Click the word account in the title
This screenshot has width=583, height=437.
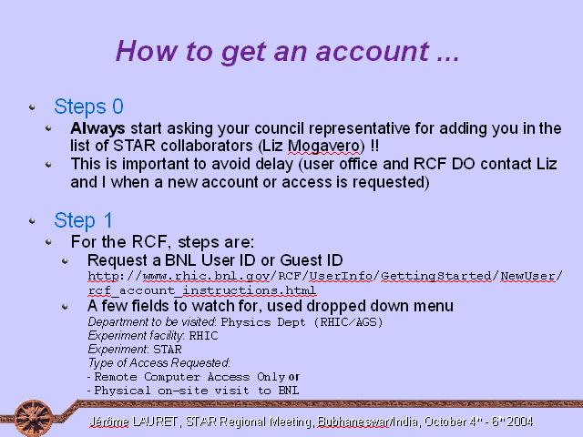[x=373, y=51]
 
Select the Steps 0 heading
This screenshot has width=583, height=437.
[x=88, y=107]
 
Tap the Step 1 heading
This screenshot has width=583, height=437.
[x=83, y=220]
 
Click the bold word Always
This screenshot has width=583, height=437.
[x=97, y=129]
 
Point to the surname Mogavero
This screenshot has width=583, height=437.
[x=324, y=146]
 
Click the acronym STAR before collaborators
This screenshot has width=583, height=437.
[x=134, y=146]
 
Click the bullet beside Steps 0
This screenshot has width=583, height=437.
[x=33, y=107]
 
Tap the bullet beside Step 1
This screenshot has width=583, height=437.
[x=33, y=221]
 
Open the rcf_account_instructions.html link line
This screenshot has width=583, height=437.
[x=202, y=290]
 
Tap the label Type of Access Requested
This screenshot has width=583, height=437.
[x=159, y=362]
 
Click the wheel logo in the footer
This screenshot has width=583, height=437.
[x=34, y=418]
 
